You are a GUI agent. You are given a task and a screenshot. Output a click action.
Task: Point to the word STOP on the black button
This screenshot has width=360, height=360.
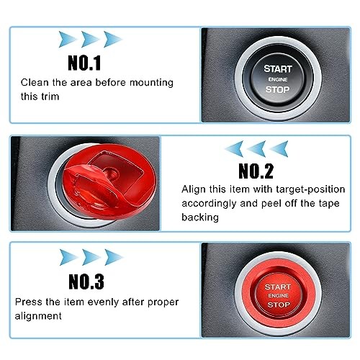[278, 90]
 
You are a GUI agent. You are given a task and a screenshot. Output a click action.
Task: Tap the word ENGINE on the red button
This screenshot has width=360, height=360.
[278, 295]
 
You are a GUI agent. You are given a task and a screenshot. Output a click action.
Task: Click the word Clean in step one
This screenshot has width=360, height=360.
[35, 83]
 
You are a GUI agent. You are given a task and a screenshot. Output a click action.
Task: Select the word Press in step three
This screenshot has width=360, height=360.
[30, 302]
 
